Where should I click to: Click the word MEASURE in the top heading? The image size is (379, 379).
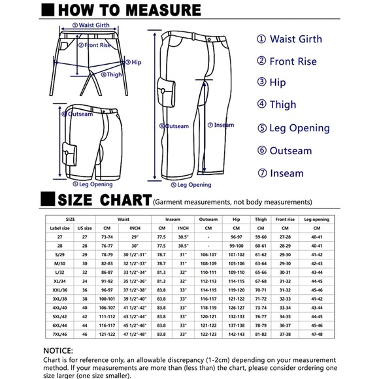click(161, 10)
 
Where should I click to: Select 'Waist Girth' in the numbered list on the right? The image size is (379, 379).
click(295, 39)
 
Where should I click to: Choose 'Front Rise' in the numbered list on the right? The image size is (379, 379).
click(293, 61)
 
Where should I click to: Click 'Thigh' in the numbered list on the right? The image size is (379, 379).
click(282, 105)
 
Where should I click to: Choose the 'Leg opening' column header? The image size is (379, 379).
click(318, 220)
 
